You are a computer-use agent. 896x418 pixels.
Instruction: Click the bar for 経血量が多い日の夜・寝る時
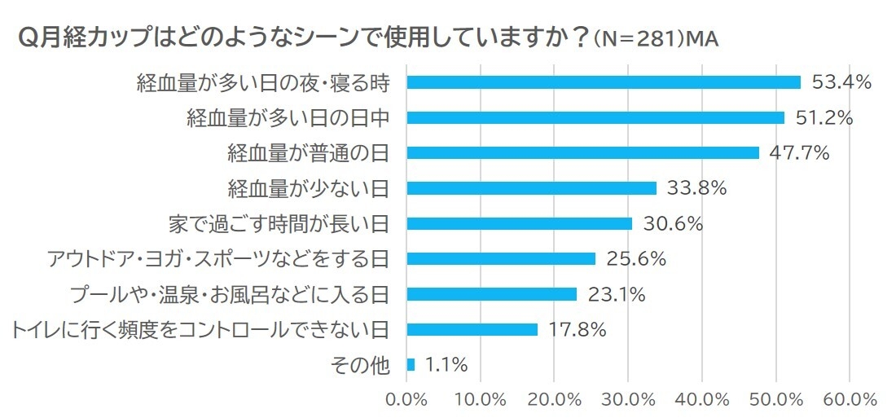[603, 82]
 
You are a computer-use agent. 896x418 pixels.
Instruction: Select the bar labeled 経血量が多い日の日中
[595, 117]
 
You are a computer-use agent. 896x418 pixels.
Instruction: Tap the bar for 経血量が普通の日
[582, 152]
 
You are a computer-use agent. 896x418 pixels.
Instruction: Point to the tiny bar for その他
[411, 365]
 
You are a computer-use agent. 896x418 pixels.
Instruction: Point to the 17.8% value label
[575, 330]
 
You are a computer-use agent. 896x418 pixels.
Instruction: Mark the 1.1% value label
[446, 365]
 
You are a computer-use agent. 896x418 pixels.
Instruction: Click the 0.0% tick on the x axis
[406, 400]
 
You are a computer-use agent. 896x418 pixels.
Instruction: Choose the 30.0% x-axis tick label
[628, 400]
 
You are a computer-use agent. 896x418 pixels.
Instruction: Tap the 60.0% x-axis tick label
[850, 400]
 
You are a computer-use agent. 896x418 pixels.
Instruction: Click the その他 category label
[361, 365]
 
